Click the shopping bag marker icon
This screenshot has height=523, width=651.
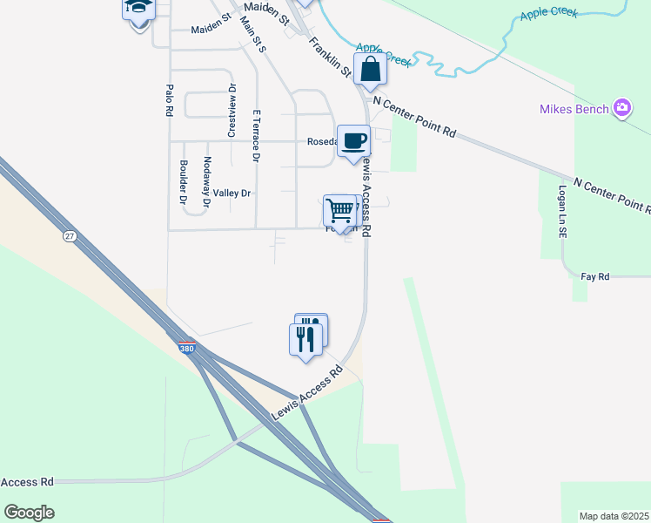[370, 70]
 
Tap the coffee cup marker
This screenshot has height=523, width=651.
[353, 141]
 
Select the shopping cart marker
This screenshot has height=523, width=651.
[339, 210]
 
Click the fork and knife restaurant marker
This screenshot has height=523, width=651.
[305, 336]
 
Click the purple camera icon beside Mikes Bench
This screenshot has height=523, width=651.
[622, 109]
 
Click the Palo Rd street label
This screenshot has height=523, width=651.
[170, 100]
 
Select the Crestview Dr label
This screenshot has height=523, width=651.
[232, 111]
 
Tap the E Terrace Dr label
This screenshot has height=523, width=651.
[256, 136]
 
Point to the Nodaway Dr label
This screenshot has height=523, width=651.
[206, 182]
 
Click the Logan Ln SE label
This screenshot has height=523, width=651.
[563, 212]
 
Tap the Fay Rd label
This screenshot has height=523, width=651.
[595, 276]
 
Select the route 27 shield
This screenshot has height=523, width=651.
[70, 236]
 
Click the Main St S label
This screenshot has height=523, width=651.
[254, 34]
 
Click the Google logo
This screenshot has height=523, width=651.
[30, 513]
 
